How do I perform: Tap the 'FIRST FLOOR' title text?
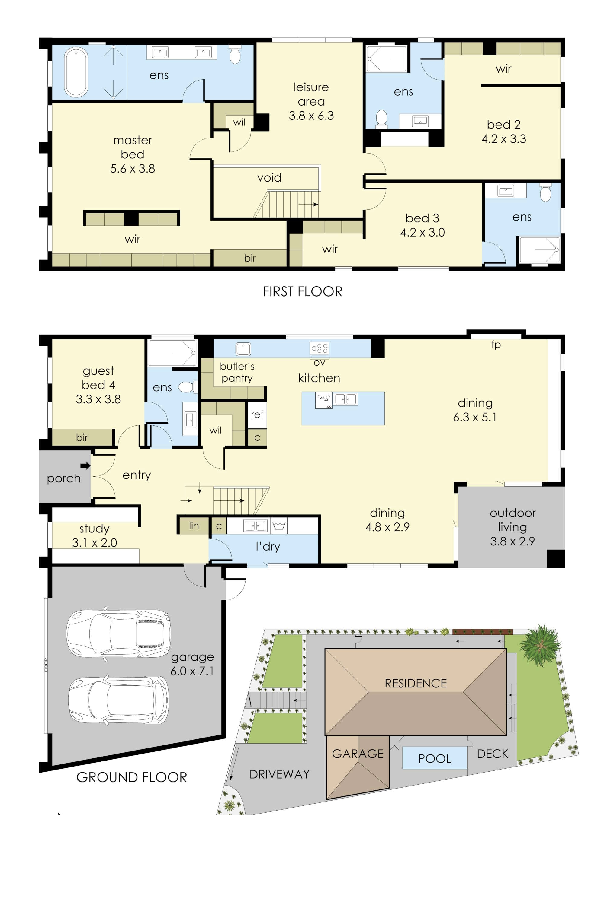tap(302, 292)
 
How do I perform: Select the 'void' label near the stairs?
tap(269, 177)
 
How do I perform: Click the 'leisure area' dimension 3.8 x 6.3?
tap(311, 116)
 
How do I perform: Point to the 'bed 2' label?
tap(503, 124)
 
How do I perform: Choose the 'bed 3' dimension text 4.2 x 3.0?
tap(422, 232)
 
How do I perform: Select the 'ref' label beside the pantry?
tap(257, 414)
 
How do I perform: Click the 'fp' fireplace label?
tap(496, 345)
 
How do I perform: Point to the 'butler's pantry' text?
tap(237, 372)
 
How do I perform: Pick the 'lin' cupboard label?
tap(194, 526)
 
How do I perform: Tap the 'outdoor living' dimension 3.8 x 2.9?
tap(512, 541)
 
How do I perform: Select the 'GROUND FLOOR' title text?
tap(132, 777)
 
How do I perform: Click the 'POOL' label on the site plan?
tap(435, 758)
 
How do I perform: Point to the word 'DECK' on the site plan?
tap(492, 754)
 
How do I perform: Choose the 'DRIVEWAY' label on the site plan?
tap(279, 774)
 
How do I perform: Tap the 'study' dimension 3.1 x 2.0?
tap(94, 542)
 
